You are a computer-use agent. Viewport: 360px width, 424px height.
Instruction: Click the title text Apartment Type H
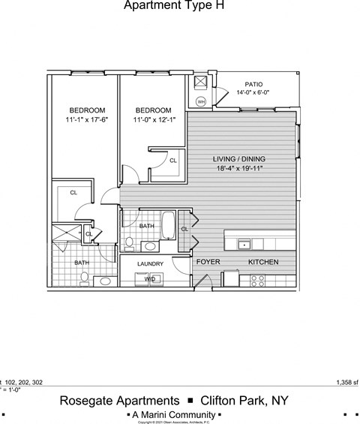[x=173, y=6]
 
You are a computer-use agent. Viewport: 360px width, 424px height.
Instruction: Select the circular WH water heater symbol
[x=201, y=101]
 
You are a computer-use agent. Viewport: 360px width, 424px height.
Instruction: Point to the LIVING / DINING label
[x=239, y=159]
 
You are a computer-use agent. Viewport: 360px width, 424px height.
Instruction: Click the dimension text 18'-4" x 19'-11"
[x=239, y=169]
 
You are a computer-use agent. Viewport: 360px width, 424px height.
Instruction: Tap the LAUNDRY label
[x=150, y=264]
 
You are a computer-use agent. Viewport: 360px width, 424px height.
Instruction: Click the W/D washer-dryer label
[x=150, y=279]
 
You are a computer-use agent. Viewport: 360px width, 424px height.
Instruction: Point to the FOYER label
[x=208, y=262]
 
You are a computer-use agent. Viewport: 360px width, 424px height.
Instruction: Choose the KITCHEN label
[x=263, y=262]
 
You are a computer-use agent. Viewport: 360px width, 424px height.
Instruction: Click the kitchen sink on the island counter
[x=244, y=245]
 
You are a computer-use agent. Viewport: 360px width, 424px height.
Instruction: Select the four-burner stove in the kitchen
[x=257, y=280]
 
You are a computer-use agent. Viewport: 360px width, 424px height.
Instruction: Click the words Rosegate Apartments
[x=119, y=401]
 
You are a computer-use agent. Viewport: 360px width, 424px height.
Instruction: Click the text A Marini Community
[x=173, y=414]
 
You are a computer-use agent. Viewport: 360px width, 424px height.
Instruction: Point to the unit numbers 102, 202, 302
[x=24, y=382]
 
